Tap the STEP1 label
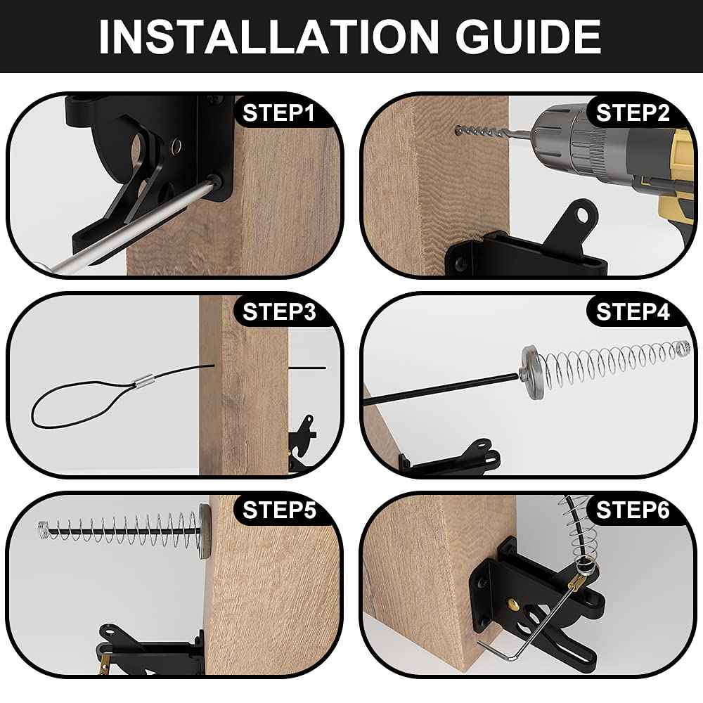pyautogui.click(x=279, y=113)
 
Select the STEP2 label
pyautogui.click(x=633, y=113)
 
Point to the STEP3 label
pyautogui.click(x=279, y=311)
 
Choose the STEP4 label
pyautogui.click(x=633, y=311)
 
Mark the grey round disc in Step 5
pyautogui.click(x=205, y=531)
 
